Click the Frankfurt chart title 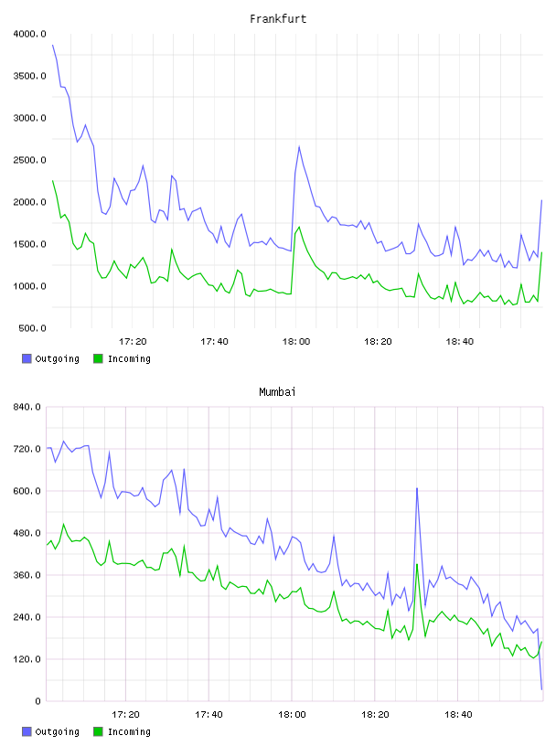tap(278, 18)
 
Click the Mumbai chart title tap(277, 391)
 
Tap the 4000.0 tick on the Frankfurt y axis tap(29, 34)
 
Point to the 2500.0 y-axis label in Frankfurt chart tap(29, 160)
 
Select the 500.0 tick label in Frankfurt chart tap(32, 328)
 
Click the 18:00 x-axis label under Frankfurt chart tap(296, 341)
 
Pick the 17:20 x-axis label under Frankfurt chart tap(133, 341)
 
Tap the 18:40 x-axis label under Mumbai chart tap(458, 714)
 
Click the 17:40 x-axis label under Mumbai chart tap(209, 714)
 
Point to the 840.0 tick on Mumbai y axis tap(27, 407)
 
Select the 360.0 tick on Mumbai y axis tap(27, 575)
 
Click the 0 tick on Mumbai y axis tap(38, 701)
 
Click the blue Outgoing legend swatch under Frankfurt tap(27, 358)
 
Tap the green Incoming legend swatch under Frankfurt tap(98, 358)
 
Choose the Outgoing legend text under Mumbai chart tap(57, 731)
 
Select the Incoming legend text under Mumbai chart tap(129, 731)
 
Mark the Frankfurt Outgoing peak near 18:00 tap(299, 146)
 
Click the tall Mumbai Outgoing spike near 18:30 tap(417, 488)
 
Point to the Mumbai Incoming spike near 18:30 tap(417, 564)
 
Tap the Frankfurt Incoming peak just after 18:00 tap(299, 227)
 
